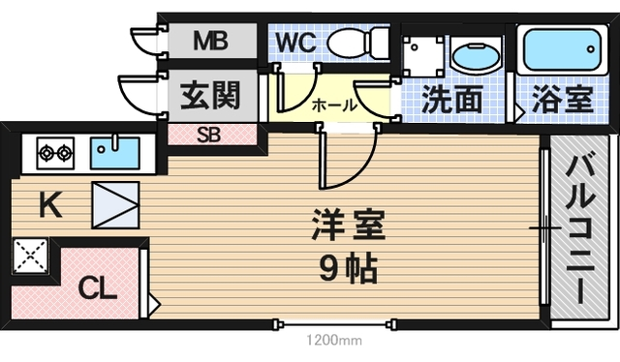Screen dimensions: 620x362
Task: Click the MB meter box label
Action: (x=210, y=41)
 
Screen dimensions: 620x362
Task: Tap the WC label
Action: (x=295, y=42)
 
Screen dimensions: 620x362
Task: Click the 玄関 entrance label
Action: (x=210, y=96)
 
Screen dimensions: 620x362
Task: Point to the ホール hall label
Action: (x=334, y=106)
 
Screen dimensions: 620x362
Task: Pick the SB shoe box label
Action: (x=209, y=136)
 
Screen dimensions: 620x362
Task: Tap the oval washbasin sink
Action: (x=477, y=57)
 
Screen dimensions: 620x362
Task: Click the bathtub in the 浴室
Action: (x=562, y=49)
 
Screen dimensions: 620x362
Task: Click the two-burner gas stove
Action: (x=55, y=153)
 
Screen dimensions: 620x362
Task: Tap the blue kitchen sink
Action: (x=114, y=153)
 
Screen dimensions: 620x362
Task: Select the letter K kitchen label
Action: (x=49, y=204)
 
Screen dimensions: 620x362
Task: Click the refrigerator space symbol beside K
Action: (x=115, y=205)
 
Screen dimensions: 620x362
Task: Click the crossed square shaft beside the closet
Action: (x=30, y=256)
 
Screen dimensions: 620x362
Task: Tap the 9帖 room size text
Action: (x=348, y=268)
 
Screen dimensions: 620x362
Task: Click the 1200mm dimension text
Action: (x=334, y=340)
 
